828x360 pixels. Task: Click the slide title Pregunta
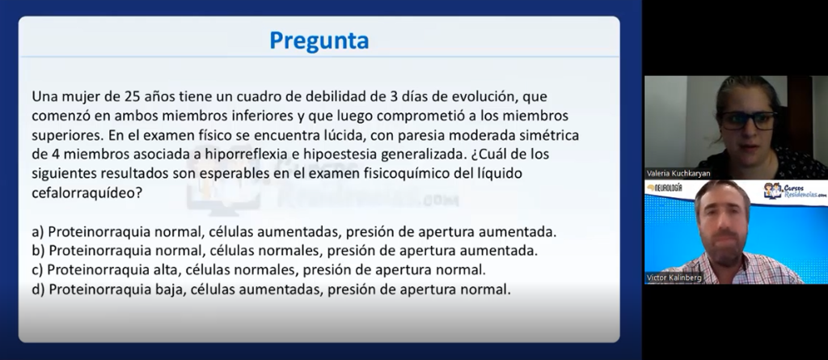click(319, 40)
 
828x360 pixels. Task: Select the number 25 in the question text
click(131, 97)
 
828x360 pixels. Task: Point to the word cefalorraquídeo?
click(87, 193)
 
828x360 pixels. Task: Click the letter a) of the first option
click(38, 232)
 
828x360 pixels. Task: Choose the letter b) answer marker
click(38, 251)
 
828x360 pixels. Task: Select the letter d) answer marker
click(38, 290)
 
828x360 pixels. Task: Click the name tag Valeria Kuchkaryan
click(678, 173)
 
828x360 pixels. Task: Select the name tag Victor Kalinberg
click(674, 277)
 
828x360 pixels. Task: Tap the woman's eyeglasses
click(748, 120)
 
